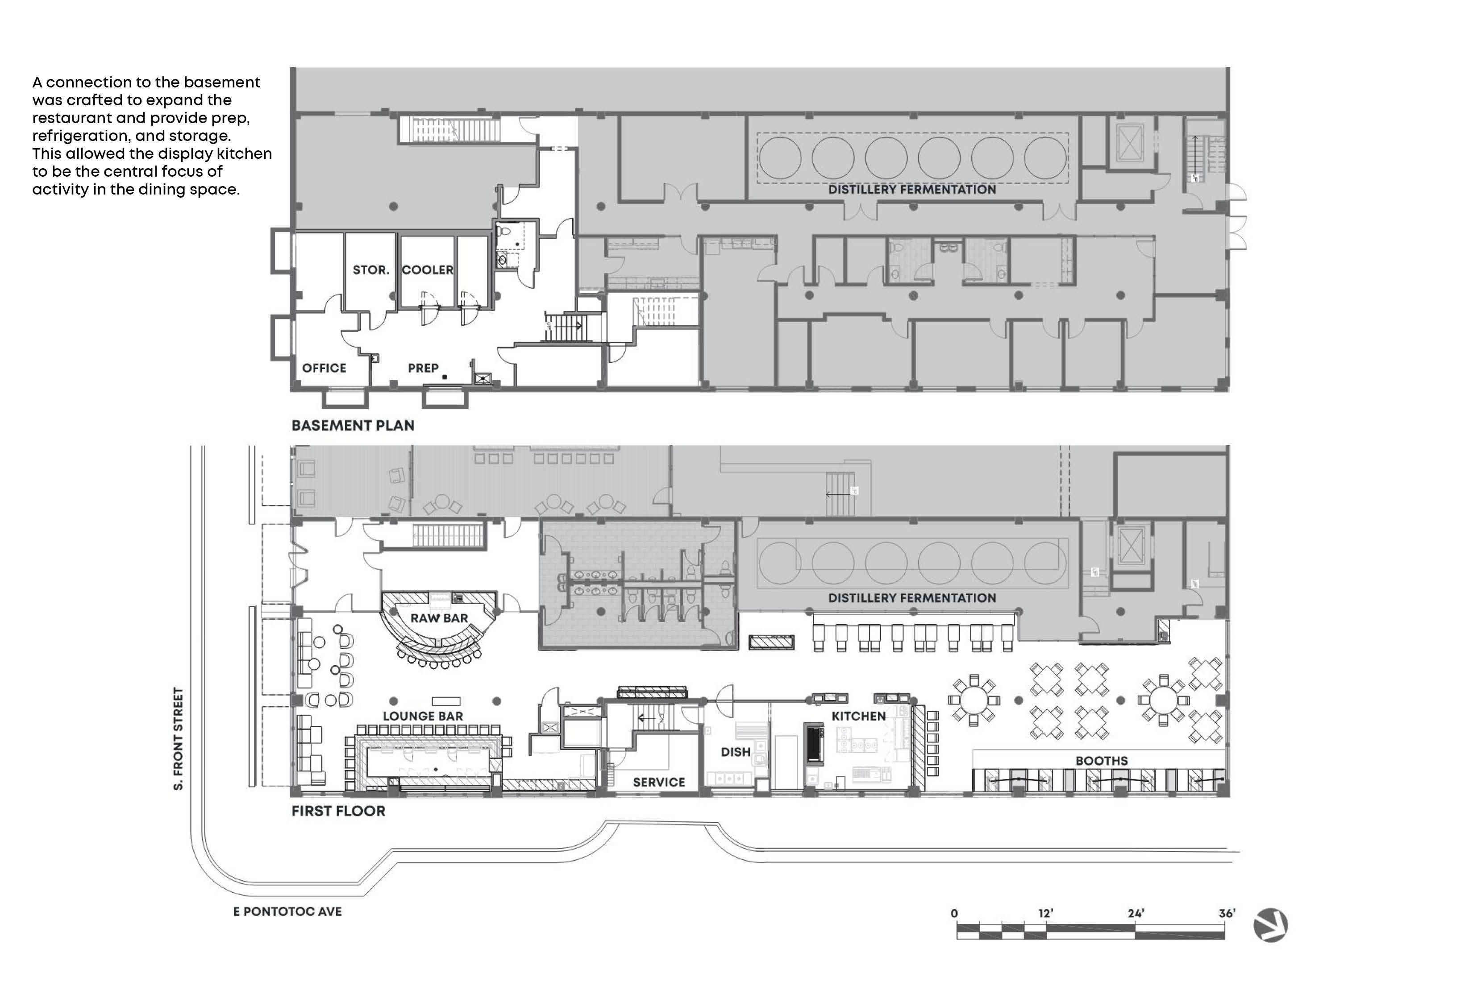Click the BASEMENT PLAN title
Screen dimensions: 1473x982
353,426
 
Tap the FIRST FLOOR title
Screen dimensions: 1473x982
338,811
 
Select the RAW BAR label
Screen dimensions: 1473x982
439,618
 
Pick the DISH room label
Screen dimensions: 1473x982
736,751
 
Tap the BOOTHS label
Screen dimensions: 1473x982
1102,761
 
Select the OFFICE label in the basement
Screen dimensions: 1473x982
324,368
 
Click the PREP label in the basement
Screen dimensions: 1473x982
423,368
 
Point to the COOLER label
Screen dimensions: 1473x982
427,270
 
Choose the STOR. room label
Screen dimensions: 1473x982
371,270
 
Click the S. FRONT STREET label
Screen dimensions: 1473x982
179,739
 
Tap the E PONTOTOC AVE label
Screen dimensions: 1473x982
287,912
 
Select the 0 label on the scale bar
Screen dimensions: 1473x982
954,914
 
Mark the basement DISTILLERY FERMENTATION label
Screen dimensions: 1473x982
912,190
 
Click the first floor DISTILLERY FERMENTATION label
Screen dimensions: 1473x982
912,598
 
